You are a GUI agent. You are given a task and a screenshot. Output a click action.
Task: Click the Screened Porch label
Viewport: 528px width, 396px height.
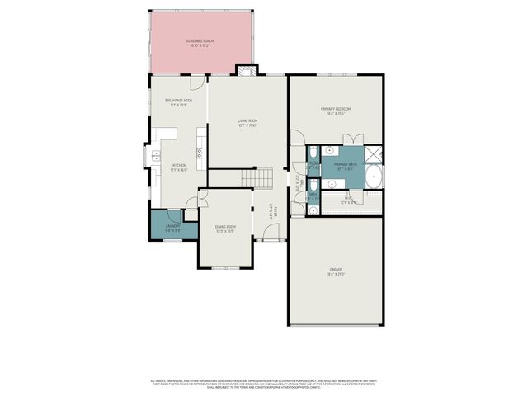(x=200, y=42)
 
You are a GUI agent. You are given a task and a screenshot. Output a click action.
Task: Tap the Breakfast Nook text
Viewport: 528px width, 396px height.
(x=178, y=102)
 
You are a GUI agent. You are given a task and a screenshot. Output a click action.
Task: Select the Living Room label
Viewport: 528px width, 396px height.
(x=247, y=123)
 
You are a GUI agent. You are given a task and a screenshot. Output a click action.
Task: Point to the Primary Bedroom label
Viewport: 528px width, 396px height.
(x=336, y=111)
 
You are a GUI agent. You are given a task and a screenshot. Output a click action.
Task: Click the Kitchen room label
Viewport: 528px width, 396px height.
(x=179, y=167)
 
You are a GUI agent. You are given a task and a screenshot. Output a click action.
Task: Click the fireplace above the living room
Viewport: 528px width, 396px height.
(x=245, y=70)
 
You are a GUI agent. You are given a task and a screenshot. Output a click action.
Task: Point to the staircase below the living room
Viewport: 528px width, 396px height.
(x=257, y=177)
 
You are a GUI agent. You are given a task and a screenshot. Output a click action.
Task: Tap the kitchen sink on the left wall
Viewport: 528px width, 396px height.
(x=154, y=155)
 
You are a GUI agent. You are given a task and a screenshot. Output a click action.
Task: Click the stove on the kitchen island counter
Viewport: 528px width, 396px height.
(x=199, y=152)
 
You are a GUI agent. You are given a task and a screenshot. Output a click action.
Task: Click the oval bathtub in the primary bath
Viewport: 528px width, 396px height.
(x=374, y=176)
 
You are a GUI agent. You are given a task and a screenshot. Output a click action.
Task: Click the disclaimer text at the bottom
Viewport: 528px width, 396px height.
(x=263, y=383)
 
